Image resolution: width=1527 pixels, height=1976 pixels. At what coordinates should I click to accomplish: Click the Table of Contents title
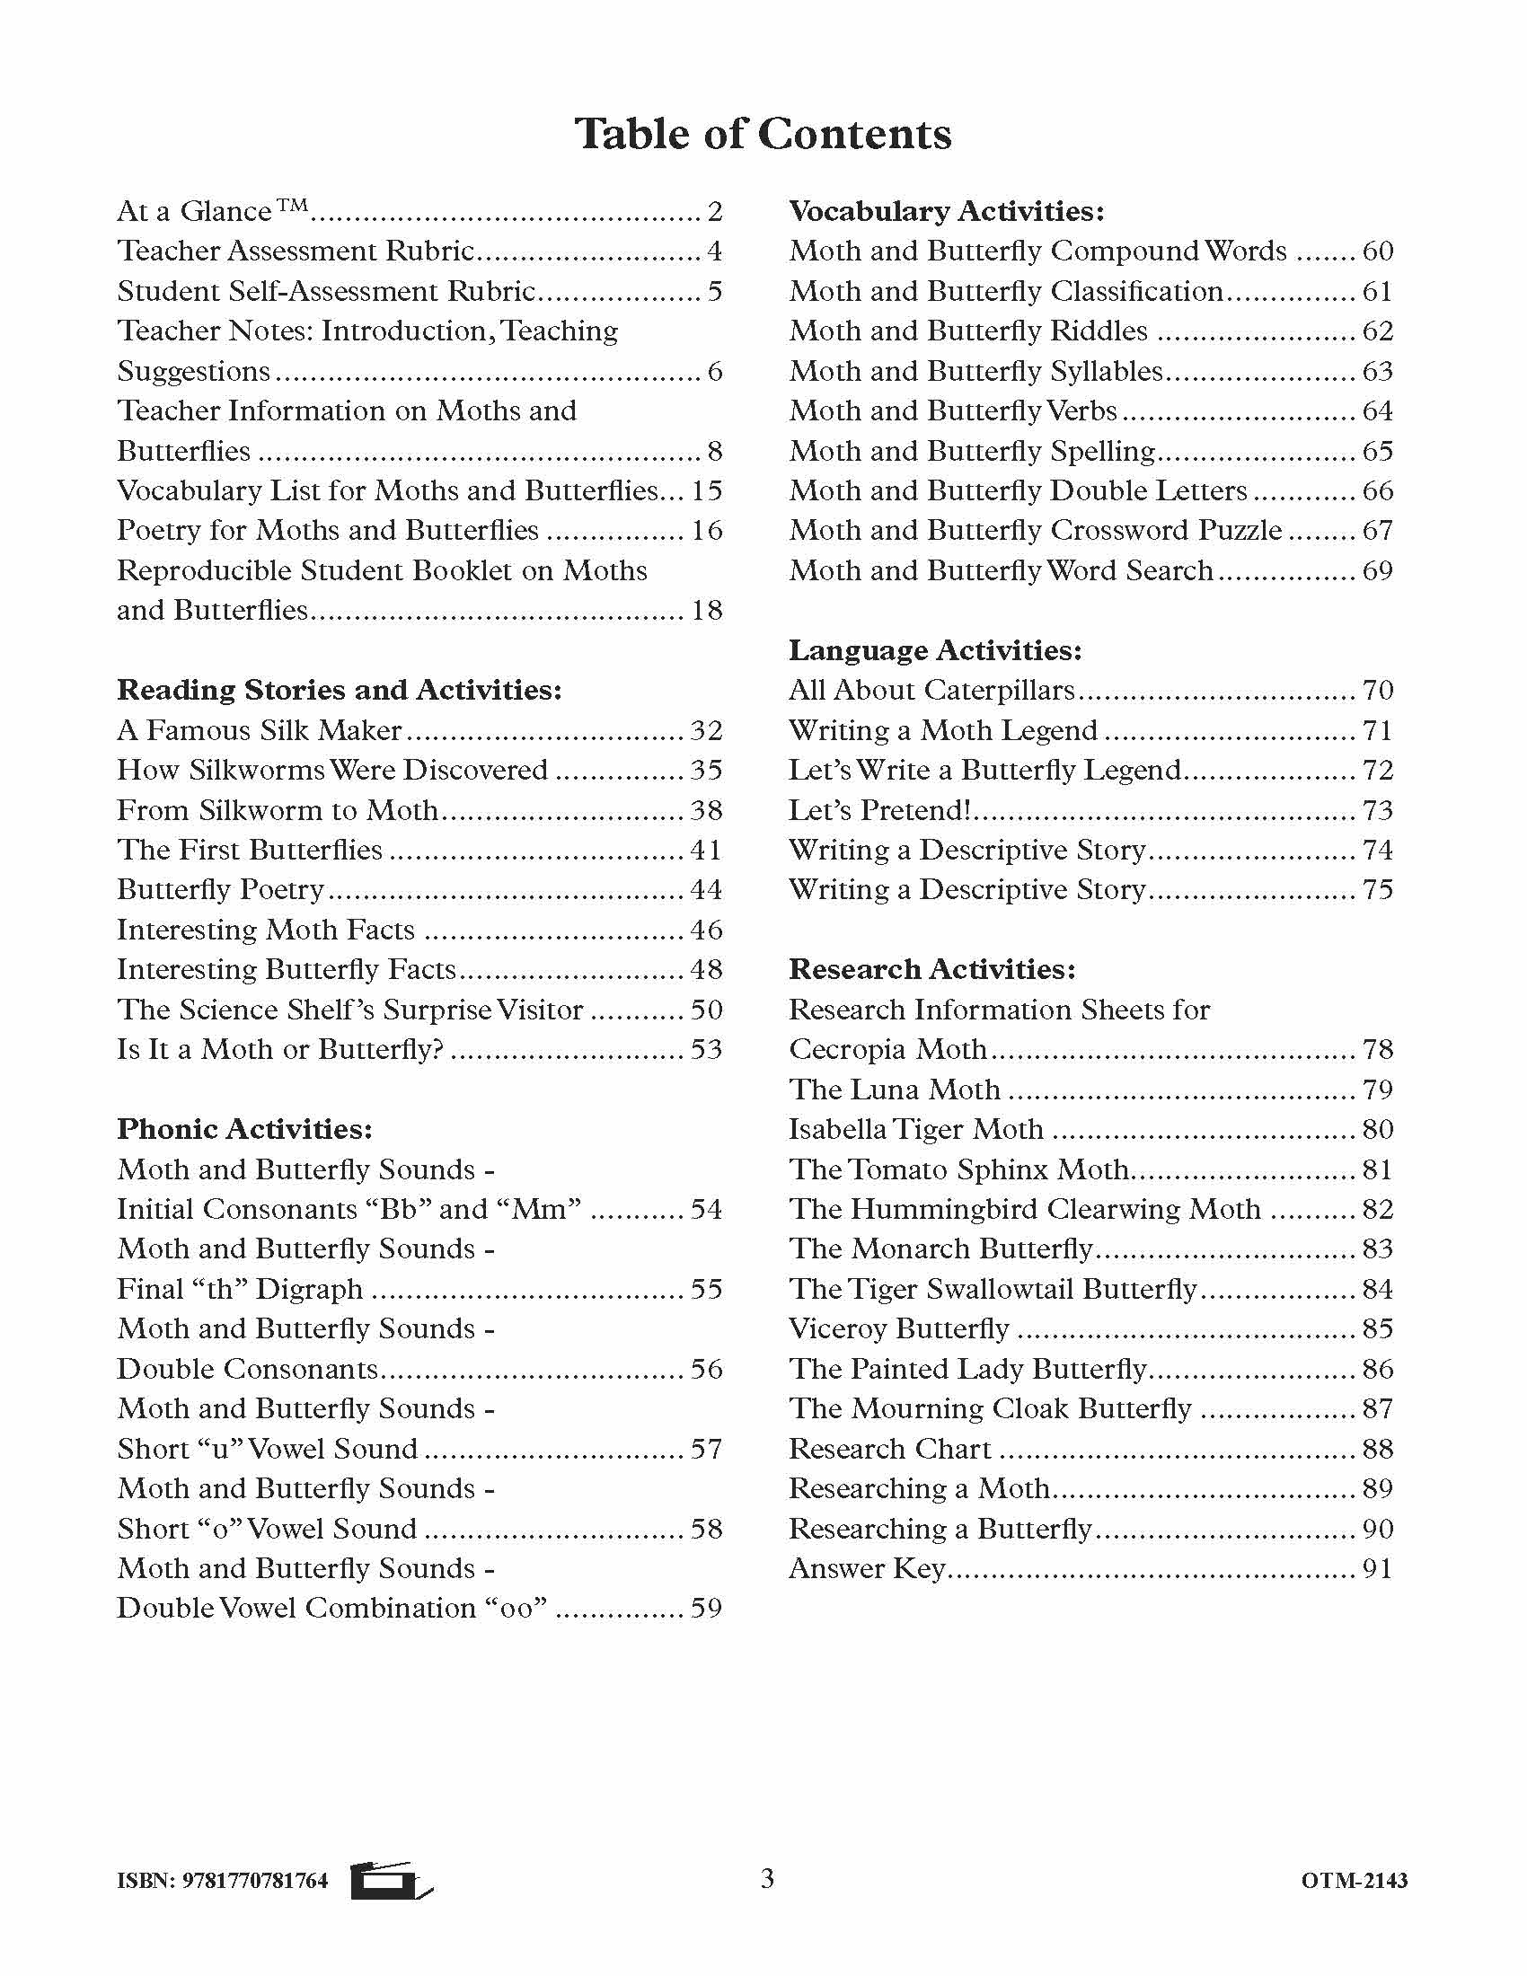click(763, 134)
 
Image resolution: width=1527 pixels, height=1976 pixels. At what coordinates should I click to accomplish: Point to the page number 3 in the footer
click(767, 1879)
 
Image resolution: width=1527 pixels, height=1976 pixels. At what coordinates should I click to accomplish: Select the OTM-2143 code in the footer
click(1355, 1881)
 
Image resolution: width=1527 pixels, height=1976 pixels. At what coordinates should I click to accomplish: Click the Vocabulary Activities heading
click(946, 211)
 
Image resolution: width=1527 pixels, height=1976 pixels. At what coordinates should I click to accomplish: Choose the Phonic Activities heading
click(244, 1128)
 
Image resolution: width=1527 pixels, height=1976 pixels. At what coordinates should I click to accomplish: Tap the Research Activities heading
click(931, 969)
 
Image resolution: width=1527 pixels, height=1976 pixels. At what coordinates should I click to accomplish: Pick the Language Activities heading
click(934, 649)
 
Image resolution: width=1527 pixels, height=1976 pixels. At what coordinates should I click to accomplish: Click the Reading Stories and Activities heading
click(340, 690)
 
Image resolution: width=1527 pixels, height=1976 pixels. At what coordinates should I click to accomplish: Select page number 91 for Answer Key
click(1377, 1568)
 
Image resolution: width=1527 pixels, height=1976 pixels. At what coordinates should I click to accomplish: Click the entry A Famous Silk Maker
click(260, 730)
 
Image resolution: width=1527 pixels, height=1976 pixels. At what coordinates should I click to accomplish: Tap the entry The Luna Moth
click(894, 1089)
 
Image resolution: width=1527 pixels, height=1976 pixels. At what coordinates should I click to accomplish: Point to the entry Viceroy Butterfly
click(898, 1328)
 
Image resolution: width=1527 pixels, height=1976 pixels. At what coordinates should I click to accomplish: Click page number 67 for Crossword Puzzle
click(1377, 530)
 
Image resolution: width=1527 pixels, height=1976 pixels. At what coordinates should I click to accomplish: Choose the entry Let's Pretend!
click(878, 810)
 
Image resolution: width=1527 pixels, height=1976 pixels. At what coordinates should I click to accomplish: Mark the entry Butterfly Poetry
click(220, 889)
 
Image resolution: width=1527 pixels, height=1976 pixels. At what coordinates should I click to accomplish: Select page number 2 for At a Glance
click(715, 212)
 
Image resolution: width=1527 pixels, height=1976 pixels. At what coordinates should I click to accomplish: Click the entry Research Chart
click(890, 1449)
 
